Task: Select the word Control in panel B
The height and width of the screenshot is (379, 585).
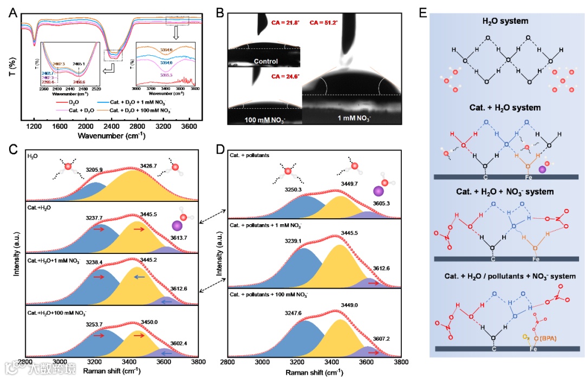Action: (265, 61)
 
